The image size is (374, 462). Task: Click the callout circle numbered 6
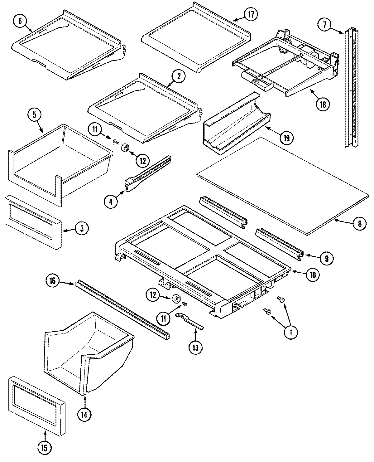tap(20, 21)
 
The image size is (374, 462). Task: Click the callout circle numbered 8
tap(360, 223)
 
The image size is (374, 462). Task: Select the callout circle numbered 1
tap(290, 333)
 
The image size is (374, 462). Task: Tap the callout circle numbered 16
tap(52, 281)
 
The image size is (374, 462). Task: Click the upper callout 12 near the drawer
tap(142, 161)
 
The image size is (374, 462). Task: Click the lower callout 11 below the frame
tap(163, 318)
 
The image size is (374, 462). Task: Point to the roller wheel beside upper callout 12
tap(126, 147)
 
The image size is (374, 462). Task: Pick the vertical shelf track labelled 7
tap(352, 87)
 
